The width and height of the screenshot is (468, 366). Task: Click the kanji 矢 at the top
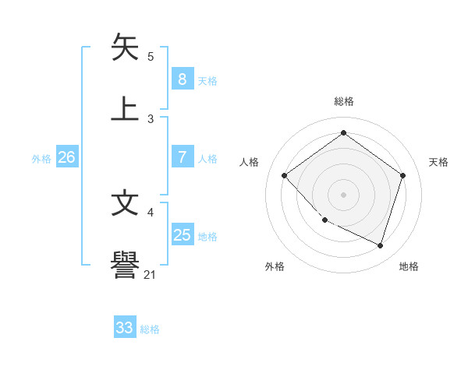pyautogui.click(x=126, y=47)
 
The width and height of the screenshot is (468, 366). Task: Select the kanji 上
pyautogui.click(x=126, y=107)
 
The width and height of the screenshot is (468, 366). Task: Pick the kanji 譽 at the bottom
pyautogui.click(x=126, y=265)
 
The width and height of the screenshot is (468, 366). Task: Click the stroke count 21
pyautogui.click(x=150, y=274)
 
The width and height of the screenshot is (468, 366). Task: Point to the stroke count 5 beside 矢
pyautogui.click(x=151, y=57)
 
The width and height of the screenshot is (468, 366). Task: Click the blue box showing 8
pyautogui.click(x=182, y=79)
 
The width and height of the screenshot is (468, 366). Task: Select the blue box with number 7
pyautogui.click(x=182, y=157)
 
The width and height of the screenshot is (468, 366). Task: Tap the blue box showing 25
pyautogui.click(x=182, y=235)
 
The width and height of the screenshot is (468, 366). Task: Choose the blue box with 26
pyautogui.click(x=66, y=157)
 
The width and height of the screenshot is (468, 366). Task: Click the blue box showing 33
pyautogui.click(x=125, y=328)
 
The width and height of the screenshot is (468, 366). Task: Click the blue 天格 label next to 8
pyautogui.click(x=207, y=80)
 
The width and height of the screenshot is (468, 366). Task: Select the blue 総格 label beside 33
pyautogui.click(x=150, y=329)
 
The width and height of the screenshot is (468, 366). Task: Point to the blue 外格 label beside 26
pyautogui.click(x=41, y=159)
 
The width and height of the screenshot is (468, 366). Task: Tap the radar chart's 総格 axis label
pyautogui.click(x=343, y=101)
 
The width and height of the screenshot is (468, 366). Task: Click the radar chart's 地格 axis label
pyautogui.click(x=409, y=266)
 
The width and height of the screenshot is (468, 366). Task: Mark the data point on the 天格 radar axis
pyautogui.click(x=403, y=175)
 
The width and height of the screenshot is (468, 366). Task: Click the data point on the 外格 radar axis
pyautogui.click(x=324, y=220)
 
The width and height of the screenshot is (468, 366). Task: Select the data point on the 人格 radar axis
pyautogui.click(x=285, y=175)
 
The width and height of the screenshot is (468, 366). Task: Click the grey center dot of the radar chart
pyautogui.click(x=343, y=194)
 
